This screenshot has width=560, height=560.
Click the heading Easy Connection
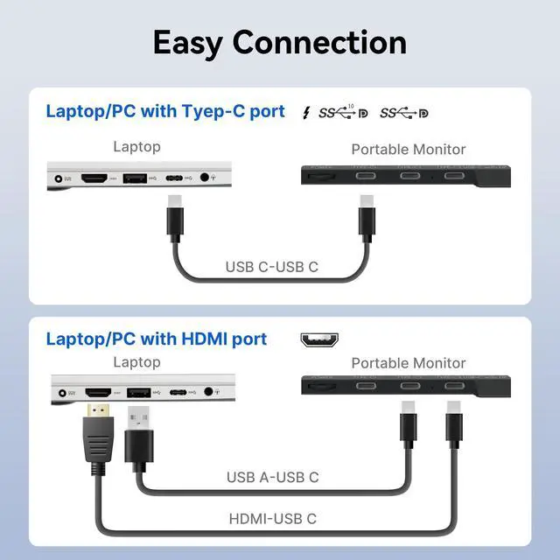(279, 42)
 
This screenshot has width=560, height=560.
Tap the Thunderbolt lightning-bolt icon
(305, 113)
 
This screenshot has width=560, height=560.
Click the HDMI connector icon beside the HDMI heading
(319, 339)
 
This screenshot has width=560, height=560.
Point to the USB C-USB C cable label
(271, 267)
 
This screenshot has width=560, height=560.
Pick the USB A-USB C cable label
(272, 477)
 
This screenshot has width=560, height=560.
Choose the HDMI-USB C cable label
(272, 519)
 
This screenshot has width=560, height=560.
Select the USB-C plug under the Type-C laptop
(174, 220)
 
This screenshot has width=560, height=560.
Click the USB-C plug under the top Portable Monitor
(366, 220)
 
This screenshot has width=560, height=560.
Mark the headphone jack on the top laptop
(206, 178)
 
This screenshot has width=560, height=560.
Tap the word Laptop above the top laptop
(136, 147)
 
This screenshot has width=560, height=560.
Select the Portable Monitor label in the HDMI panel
(408, 362)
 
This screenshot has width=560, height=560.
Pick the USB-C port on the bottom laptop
(178, 391)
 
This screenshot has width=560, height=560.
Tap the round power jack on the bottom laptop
(62, 391)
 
